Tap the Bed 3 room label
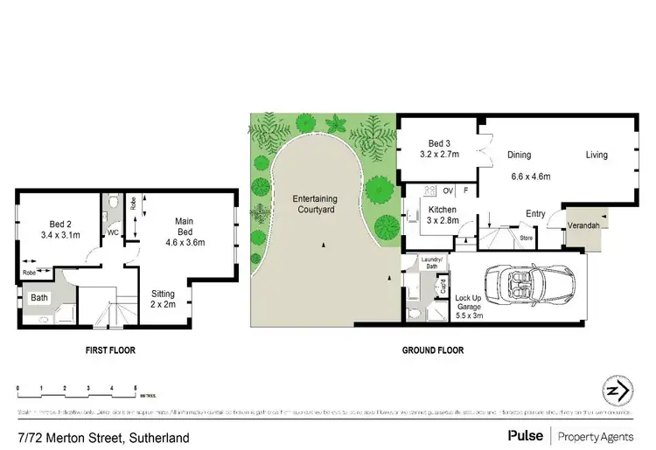pos(439,149)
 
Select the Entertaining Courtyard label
pos(315,204)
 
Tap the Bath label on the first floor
pos(39,298)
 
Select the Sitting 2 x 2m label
pos(163,298)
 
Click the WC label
pos(113,233)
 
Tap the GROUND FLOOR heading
pos(432,351)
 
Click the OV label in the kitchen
pos(449,190)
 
